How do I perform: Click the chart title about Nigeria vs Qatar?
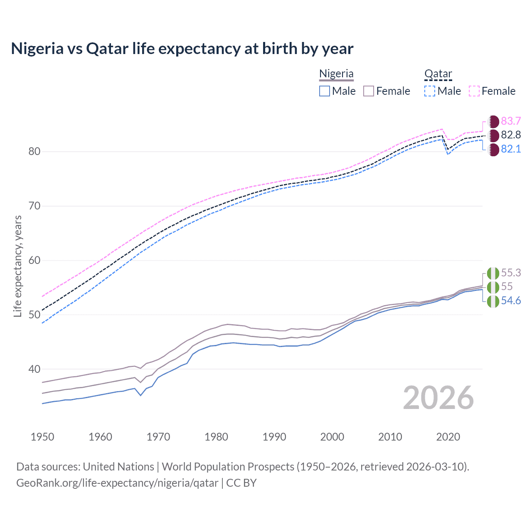pyautogui.click(x=182, y=49)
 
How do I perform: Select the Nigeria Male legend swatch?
pyautogui.click(x=325, y=91)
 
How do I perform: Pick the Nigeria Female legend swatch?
pyautogui.click(x=369, y=91)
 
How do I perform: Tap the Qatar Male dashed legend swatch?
pyautogui.click(x=430, y=91)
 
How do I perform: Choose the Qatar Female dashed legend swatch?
pyautogui.click(x=474, y=91)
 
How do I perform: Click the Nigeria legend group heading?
pyautogui.click(x=336, y=74)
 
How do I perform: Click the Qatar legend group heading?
pyautogui.click(x=438, y=74)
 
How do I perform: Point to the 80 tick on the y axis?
pyautogui.click(x=34, y=152)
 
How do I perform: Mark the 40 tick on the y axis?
pyautogui.click(x=34, y=369)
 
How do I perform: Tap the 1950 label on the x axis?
pyautogui.click(x=42, y=437)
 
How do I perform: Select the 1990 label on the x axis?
pyautogui.click(x=274, y=437)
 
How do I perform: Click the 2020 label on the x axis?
pyautogui.click(x=448, y=437)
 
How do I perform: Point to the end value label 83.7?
pyautogui.click(x=511, y=121)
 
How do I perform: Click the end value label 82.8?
pyautogui.click(x=511, y=135)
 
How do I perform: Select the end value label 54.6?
pyautogui.click(x=511, y=301)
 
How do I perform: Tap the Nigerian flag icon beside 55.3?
pyautogui.click(x=493, y=273)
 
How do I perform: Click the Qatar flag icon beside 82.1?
pyautogui.click(x=493, y=150)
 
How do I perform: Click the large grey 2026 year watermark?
pyautogui.click(x=438, y=398)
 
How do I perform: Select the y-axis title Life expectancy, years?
pyautogui.click(x=18, y=266)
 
